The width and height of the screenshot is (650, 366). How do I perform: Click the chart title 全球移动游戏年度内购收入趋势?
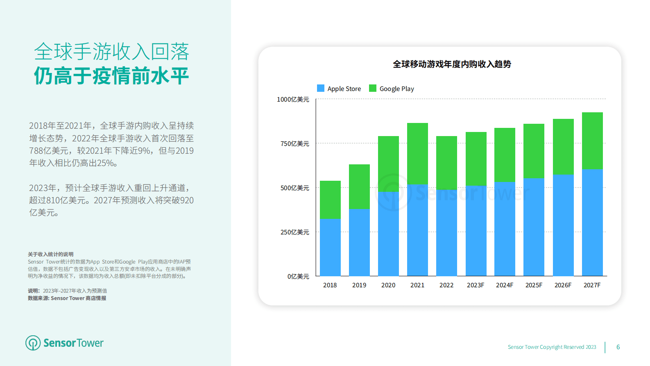[452, 64]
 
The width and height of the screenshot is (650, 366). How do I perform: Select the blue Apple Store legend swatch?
[321, 88]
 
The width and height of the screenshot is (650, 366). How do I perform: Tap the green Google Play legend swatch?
[373, 88]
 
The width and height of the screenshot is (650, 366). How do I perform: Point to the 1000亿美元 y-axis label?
[293, 100]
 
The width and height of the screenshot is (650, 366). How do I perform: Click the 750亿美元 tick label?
[294, 144]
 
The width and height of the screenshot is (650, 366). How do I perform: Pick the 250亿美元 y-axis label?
[294, 232]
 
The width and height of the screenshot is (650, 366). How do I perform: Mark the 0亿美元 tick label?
[298, 277]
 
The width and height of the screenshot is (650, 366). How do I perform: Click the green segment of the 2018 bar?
[330, 200]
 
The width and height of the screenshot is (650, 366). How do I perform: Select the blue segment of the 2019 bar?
[359, 242]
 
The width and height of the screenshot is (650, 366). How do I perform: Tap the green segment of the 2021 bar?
[417, 154]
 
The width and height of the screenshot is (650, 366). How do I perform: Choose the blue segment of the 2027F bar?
[592, 223]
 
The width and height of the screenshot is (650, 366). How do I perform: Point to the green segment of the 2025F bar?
[534, 151]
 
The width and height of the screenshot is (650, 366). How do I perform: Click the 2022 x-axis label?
[446, 285]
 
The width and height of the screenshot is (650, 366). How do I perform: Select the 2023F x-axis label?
[476, 285]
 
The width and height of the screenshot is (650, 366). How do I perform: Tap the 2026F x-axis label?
[563, 285]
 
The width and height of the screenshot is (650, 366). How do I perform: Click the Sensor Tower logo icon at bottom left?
[33, 343]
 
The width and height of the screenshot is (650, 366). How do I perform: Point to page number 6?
[618, 347]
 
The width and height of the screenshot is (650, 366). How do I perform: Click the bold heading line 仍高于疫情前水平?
[111, 76]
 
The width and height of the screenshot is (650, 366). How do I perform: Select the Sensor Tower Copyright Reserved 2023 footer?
[552, 347]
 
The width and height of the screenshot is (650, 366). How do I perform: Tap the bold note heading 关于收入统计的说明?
[51, 255]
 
